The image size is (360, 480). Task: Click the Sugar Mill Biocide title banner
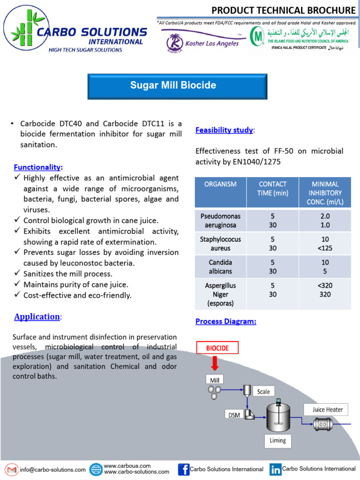tap(173, 85)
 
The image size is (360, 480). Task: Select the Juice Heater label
tap(328, 409)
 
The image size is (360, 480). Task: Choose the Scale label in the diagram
tap(263, 391)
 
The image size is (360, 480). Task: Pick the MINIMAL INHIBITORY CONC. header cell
tap(326, 193)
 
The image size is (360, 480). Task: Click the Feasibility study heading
tap(224, 130)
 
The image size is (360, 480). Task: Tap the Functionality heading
tap(38, 167)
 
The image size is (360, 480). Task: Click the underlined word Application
tap(37, 316)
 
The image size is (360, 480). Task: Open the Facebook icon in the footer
tap(184, 469)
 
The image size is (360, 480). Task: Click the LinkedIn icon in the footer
tap(275, 469)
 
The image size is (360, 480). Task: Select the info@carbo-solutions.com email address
tap(52, 469)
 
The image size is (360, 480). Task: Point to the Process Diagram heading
tap(225, 322)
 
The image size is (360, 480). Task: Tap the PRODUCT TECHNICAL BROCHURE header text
tap(283, 10)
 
